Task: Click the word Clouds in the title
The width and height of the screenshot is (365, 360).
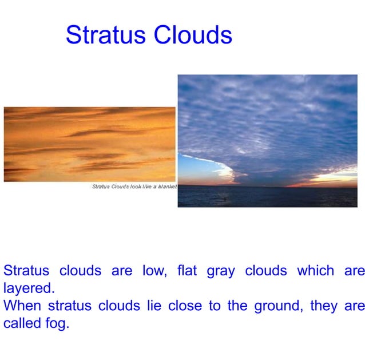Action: [x=192, y=35]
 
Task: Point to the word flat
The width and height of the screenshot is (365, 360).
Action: [x=187, y=271]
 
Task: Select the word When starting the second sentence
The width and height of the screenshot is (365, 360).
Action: [x=22, y=305]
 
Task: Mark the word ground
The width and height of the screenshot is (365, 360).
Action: [x=276, y=306]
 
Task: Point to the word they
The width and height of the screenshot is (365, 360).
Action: [x=324, y=305]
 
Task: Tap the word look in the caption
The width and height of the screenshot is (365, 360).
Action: [x=137, y=187]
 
